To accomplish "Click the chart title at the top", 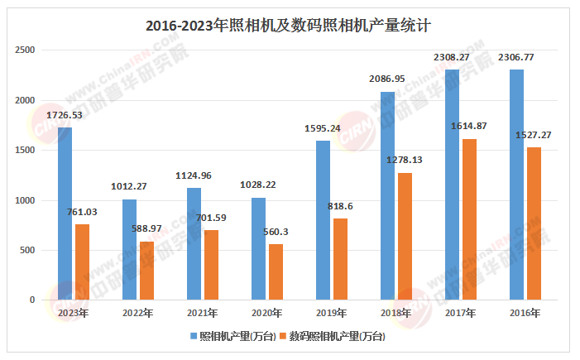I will click(x=289, y=25).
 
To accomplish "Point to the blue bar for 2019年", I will click(x=323, y=220).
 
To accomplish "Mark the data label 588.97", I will click(x=147, y=228).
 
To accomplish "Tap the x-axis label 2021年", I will click(x=202, y=313).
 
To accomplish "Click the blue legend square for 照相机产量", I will click(x=194, y=337).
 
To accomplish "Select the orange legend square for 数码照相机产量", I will click(x=282, y=337).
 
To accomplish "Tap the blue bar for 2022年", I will click(x=129, y=249).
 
